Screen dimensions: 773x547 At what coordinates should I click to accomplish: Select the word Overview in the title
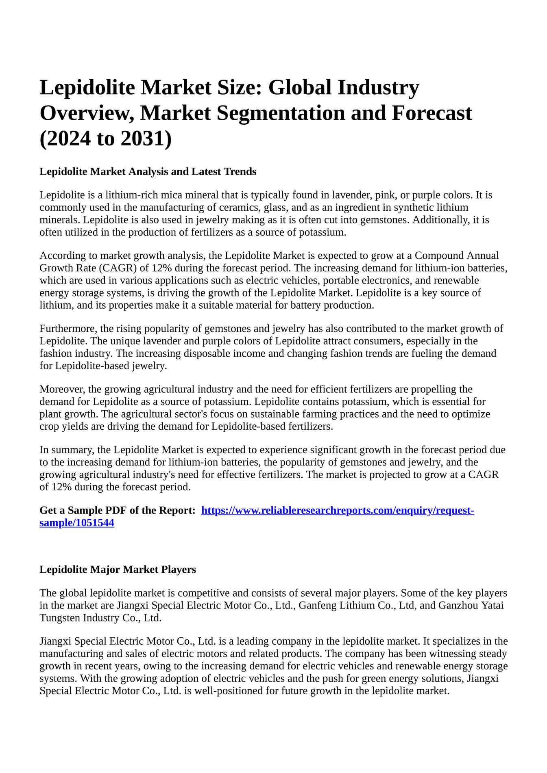coord(86,113)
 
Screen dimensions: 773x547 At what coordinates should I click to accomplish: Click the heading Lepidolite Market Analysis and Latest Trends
coord(148,171)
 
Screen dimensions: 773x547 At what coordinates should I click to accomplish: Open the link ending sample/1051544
coord(77,523)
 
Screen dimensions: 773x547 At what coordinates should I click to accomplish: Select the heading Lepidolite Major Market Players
coord(118,569)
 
